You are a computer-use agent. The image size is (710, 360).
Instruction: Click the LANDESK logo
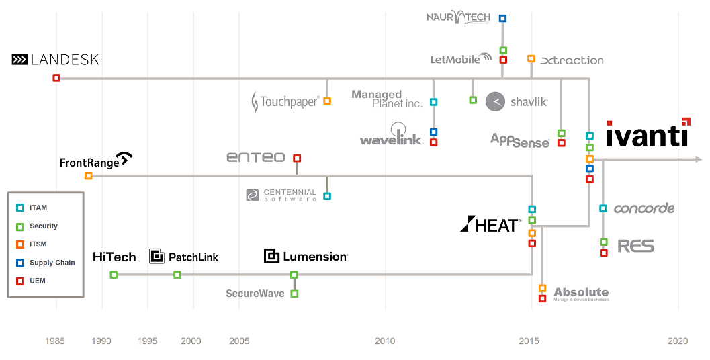point(55,60)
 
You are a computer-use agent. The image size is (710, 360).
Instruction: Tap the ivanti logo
point(647,134)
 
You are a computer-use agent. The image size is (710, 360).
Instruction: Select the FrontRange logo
point(96,161)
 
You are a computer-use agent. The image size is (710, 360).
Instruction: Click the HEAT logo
point(490,224)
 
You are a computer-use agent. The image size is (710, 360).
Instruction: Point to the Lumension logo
point(306,256)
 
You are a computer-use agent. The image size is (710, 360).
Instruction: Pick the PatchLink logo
point(183,256)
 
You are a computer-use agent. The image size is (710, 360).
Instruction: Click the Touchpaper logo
point(285,102)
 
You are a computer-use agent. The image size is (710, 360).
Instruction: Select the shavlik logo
point(517,101)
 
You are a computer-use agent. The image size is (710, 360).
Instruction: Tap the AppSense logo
point(520,140)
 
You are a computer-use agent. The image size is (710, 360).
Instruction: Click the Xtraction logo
point(572,60)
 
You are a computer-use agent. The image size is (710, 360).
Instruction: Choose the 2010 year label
point(385,341)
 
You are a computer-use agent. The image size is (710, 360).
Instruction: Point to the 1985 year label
point(55,341)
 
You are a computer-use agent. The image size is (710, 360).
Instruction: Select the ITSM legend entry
point(38,244)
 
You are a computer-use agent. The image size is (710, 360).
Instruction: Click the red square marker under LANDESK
point(56,78)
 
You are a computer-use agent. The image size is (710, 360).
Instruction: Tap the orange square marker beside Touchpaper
point(327,101)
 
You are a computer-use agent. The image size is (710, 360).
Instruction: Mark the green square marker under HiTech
point(114,275)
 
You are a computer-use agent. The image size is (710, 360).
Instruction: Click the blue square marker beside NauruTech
point(502,19)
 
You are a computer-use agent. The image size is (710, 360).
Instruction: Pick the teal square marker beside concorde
point(603,208)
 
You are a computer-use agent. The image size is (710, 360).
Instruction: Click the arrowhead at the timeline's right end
point(699,159)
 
